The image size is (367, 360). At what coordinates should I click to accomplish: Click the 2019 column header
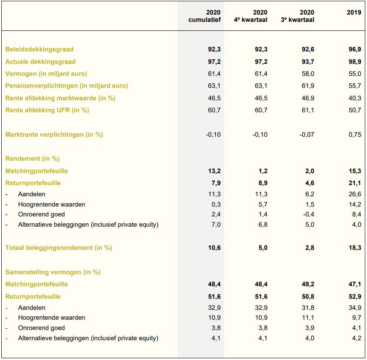354,12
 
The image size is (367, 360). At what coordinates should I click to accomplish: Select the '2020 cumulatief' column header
205,16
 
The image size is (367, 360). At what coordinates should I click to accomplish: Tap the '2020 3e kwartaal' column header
298,16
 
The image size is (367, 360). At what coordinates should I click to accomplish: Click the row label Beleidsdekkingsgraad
39,49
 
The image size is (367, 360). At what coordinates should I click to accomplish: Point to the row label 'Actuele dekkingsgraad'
40,62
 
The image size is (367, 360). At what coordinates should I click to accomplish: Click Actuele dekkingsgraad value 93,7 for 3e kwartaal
308,62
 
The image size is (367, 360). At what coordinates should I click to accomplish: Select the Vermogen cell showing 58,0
308,74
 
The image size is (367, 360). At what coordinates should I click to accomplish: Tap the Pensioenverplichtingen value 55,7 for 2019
355,86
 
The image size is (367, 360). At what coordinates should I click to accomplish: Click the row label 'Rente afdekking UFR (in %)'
47,110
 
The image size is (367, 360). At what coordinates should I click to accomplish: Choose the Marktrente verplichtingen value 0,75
355,135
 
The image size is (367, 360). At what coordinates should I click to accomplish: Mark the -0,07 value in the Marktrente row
307,135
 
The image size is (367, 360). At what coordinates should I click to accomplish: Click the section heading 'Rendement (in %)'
32,159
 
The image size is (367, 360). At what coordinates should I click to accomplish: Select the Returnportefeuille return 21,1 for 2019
355,183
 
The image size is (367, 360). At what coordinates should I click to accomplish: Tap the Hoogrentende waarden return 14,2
355,204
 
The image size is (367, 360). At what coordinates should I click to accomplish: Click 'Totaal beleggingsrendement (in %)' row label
58,248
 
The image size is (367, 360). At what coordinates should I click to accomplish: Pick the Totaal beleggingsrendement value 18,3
355,248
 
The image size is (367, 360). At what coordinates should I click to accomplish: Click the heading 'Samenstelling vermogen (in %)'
53,272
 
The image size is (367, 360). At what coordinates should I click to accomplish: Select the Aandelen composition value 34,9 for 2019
355,308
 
